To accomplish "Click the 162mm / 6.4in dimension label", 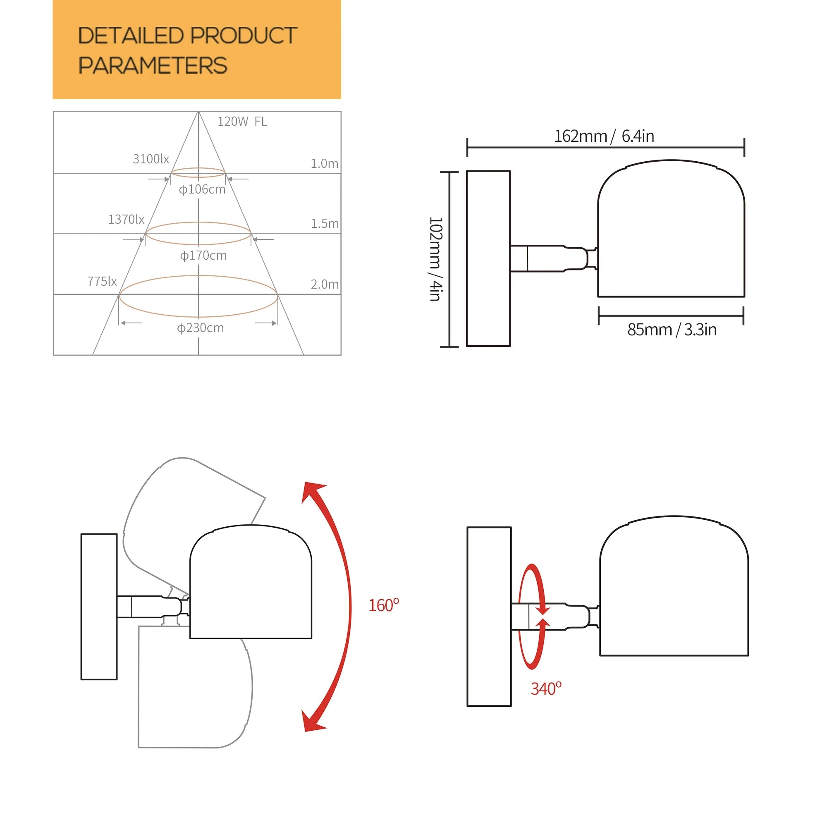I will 604,136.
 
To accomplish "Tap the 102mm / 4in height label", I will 435,259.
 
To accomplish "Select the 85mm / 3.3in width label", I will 672,330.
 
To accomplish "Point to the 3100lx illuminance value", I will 151,159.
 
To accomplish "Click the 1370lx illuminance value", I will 126,220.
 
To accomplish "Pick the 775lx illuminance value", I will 102,282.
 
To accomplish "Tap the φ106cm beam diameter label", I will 202,189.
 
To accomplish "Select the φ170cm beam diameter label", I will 203,256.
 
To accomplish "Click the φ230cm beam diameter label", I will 200,328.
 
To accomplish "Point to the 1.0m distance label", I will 325,163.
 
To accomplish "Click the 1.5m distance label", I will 325,223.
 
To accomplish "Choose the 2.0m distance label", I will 325,284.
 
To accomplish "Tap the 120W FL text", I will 242,122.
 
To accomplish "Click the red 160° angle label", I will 384,605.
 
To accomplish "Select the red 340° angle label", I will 546,689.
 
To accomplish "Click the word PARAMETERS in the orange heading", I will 153,65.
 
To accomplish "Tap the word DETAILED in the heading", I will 131,36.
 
